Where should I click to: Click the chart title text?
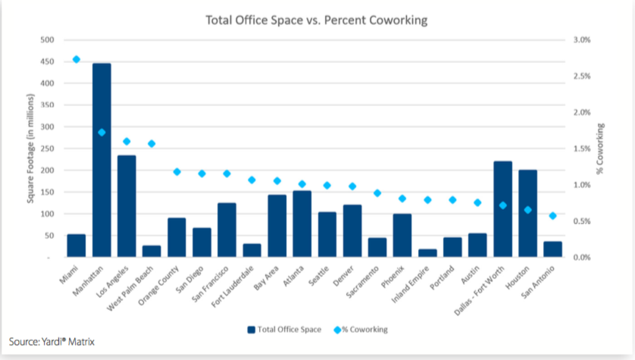pos(317,20)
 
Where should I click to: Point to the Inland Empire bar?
pos(427,253)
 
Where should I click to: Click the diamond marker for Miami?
pos(77,59)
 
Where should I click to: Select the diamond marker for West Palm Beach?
pos(152,143)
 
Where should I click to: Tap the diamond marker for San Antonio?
pos(552,216)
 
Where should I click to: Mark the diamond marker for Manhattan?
pos(102,133)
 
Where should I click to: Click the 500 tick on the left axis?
pos(47,39)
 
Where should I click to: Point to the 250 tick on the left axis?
pos(47,149)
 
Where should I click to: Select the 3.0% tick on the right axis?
pos(580,39)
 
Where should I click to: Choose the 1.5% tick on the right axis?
pos(580,149)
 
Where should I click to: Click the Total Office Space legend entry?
pos(283,329)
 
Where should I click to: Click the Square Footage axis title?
pos(30,149)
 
